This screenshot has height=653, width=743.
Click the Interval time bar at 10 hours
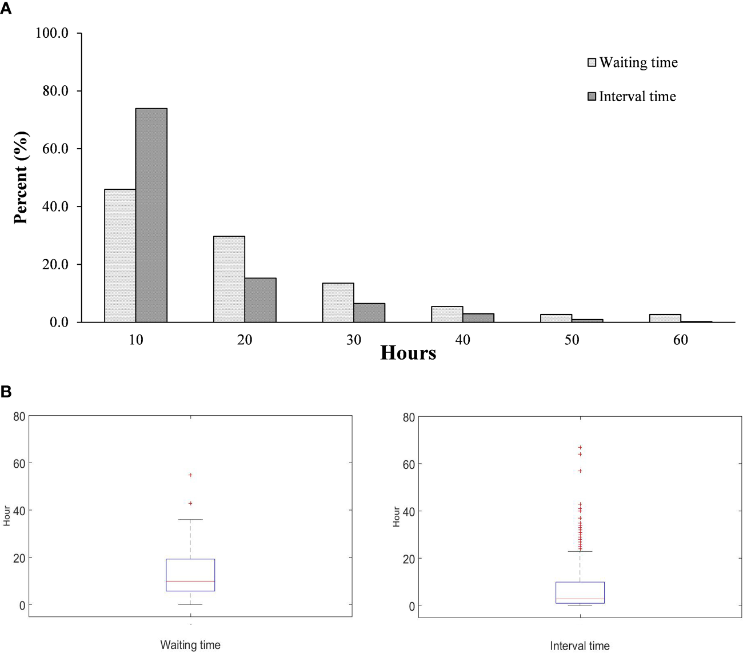pyautogui.click(x=151, y=215)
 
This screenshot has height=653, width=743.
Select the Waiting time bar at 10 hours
pyautogui.click(x=120, y=256)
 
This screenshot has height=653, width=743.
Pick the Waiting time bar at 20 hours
pyautogui.click(x=229, y=279)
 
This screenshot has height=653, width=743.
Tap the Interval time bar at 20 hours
pyautogui.click(x=261, y=300)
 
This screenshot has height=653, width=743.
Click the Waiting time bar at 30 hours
pyautogui.click(x=338, y=302)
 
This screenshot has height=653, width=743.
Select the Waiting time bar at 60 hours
pyautogui.click(x=665, y=318)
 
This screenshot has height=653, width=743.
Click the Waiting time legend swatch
pyautogui.click(x=592, y=62)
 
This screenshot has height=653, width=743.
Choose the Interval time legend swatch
pyautogui.click(x=592, y=97)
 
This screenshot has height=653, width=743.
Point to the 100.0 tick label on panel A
pyautogui.click(x=51, y=33)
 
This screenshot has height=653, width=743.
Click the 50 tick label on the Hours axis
pyautogui.click(x=572, y=340)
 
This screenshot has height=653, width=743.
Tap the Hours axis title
pyautogui.click(x=408, y=353)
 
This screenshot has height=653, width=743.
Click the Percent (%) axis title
pyautogui.click(x=21, y=178)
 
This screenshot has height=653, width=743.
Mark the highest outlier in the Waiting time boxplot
pyautogui.click(x=190, y=475)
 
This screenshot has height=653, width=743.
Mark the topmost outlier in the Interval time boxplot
pyautogui.click(x=580, y=447)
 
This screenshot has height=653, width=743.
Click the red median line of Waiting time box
pyautogui.click(x=190, y=581)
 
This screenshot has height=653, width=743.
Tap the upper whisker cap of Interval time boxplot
pyautogui.click(x=580, y=551)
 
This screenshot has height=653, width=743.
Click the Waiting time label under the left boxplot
pyautogui.click(x=190, y=645)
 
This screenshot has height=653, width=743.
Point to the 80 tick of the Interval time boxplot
pyautogui.click(x=408, y=417)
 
